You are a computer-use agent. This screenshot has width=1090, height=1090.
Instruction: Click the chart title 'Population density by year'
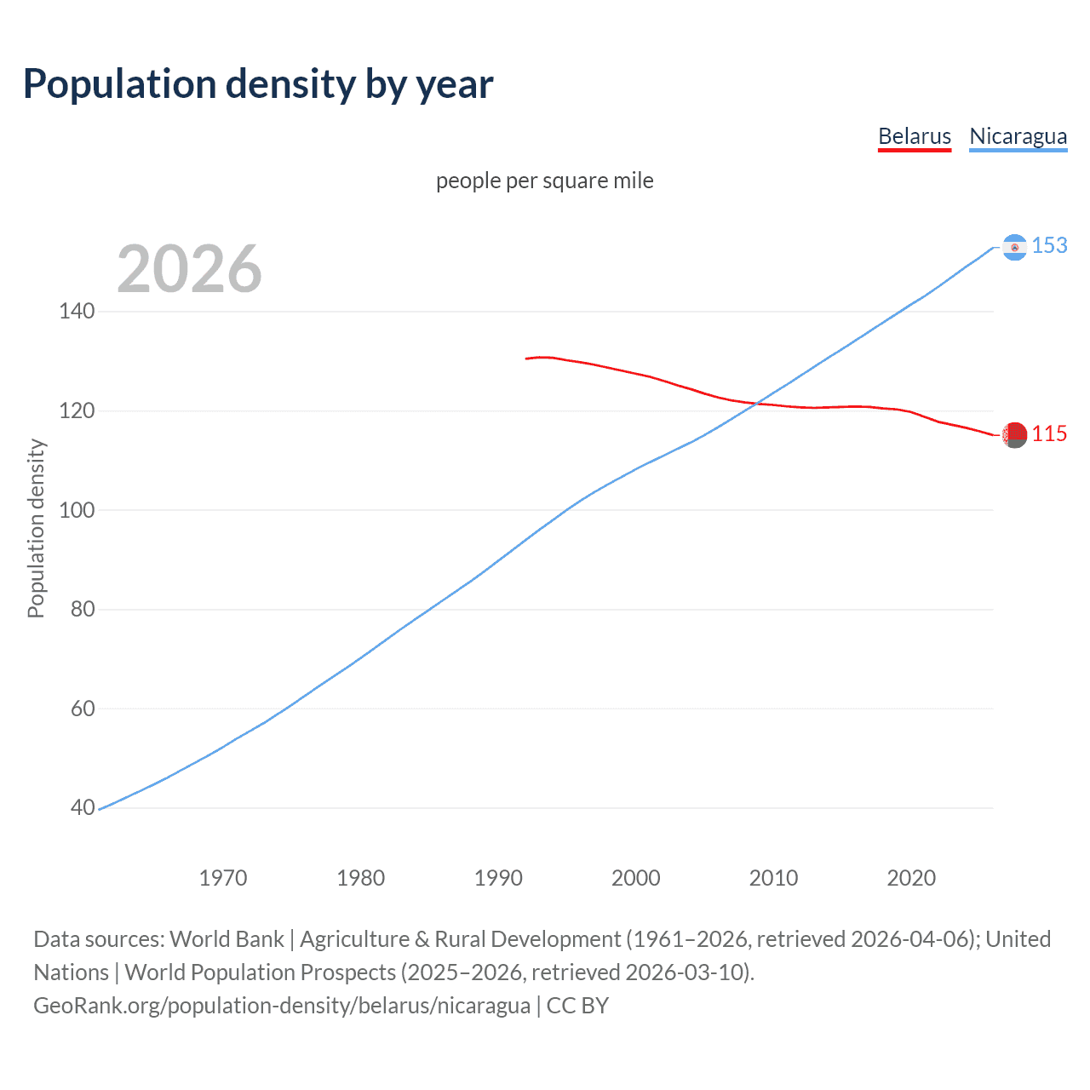(x=258, y=84)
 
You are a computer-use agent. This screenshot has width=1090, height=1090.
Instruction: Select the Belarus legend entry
(x=914, y=136)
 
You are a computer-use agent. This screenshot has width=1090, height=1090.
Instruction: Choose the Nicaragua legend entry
(x=1018, y=136)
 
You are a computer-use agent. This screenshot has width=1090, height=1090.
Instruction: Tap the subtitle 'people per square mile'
(x=544, y=181)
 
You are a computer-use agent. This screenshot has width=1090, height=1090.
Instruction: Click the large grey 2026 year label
(x=189, y=269)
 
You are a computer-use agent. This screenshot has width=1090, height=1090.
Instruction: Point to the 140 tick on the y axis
(x=77, y=312)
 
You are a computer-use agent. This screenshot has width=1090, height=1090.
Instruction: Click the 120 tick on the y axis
(x=77, y=411)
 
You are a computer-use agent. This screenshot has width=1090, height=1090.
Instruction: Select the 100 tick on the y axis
(x=77, y=511)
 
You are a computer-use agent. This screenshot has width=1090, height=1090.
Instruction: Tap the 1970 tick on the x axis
(x=223, y=878)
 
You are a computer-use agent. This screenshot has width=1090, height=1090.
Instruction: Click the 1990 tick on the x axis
(x=498, y=878)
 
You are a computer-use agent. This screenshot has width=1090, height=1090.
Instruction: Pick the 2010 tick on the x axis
(x=773, y=878)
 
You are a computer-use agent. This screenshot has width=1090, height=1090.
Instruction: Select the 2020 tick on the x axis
(x=911, y=878)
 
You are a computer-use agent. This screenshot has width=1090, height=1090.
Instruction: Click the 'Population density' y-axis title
(x=36, y=528)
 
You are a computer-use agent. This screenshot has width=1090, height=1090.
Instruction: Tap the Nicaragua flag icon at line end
(x=1014, y=247)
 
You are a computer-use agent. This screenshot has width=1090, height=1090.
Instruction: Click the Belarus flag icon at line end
(x=1014, y=434)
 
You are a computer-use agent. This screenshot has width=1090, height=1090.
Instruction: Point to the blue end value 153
(x=1049, y=246)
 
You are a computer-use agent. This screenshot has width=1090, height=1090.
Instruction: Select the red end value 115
(x=1049, y=434)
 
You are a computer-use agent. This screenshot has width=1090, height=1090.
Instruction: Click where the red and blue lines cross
(x=756, y=404)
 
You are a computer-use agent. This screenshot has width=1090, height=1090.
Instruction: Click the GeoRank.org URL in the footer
(x=281, y=1006)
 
